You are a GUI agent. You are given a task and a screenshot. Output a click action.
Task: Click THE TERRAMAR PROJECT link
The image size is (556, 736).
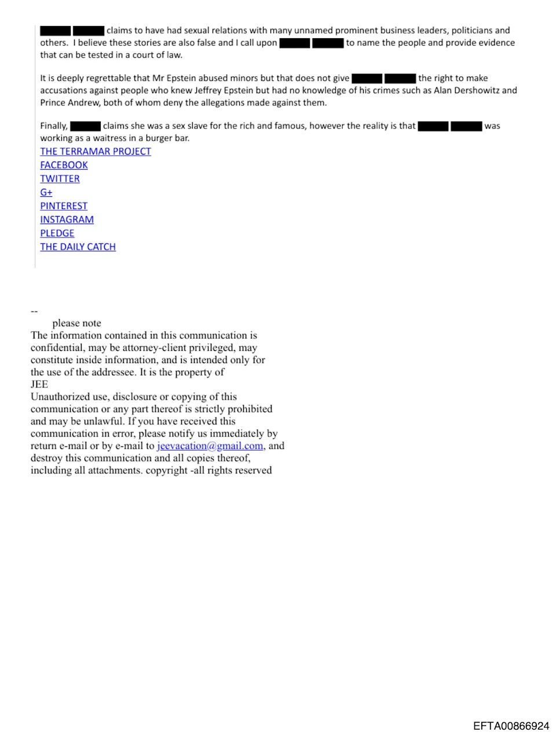(96, 151)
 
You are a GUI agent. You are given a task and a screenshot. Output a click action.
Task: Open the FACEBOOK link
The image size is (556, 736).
(64, 165)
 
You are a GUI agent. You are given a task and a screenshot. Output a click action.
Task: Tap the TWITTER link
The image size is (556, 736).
(60, 179)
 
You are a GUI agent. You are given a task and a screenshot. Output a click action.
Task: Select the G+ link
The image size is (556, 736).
(46, 192)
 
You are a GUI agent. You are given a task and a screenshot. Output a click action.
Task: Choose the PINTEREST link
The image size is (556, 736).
(64, 206)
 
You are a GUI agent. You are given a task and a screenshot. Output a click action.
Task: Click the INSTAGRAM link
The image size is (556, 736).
(67, 219)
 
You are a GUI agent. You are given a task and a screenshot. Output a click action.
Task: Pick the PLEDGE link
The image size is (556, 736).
(57, 233)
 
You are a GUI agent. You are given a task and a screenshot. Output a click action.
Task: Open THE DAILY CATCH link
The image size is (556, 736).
(78, 247)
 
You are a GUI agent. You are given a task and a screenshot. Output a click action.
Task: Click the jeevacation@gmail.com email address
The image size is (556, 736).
(210, 446)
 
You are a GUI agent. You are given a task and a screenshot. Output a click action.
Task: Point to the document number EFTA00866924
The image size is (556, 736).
(511, 726)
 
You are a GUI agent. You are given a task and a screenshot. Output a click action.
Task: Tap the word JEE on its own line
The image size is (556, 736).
(39, 385)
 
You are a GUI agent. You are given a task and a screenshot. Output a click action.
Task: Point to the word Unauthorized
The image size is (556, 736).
(60, 397)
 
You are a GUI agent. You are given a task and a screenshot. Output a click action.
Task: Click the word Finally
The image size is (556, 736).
(54, 126)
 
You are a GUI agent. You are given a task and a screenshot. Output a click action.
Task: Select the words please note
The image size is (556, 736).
(76, 323)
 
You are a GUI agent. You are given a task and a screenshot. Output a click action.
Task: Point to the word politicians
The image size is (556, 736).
(472, 30)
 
